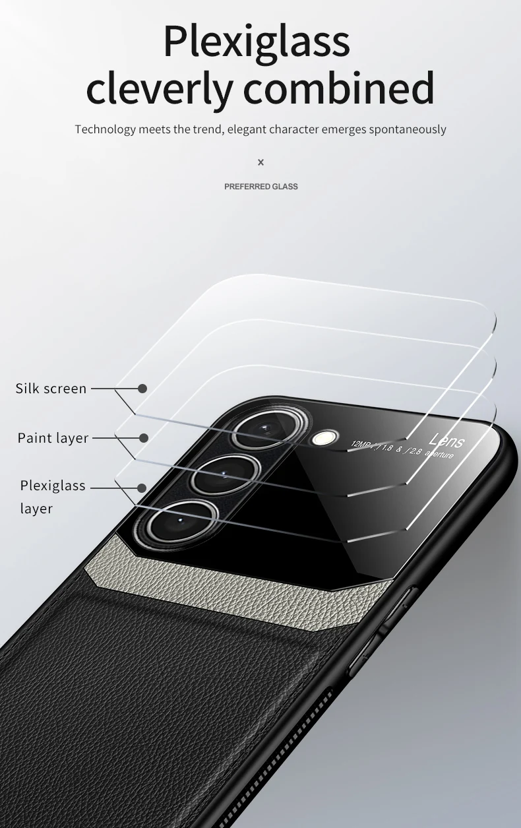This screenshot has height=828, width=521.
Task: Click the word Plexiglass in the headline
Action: coord(257,41)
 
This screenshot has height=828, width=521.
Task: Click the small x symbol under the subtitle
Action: coord(260,162)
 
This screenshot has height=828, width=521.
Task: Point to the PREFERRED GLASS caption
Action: coord(261,187)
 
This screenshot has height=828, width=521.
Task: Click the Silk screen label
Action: coord(51,389)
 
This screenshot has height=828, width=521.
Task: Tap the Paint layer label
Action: coord(53,438)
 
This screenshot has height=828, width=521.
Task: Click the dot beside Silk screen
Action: coord(142,389)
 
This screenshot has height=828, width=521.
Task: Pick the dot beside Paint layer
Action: coord(144,437)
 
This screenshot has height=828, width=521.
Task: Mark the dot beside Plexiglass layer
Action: coord(141,488)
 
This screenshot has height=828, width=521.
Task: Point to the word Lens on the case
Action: coord(446,441)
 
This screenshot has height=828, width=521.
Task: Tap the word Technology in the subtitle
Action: coord(105,129)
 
